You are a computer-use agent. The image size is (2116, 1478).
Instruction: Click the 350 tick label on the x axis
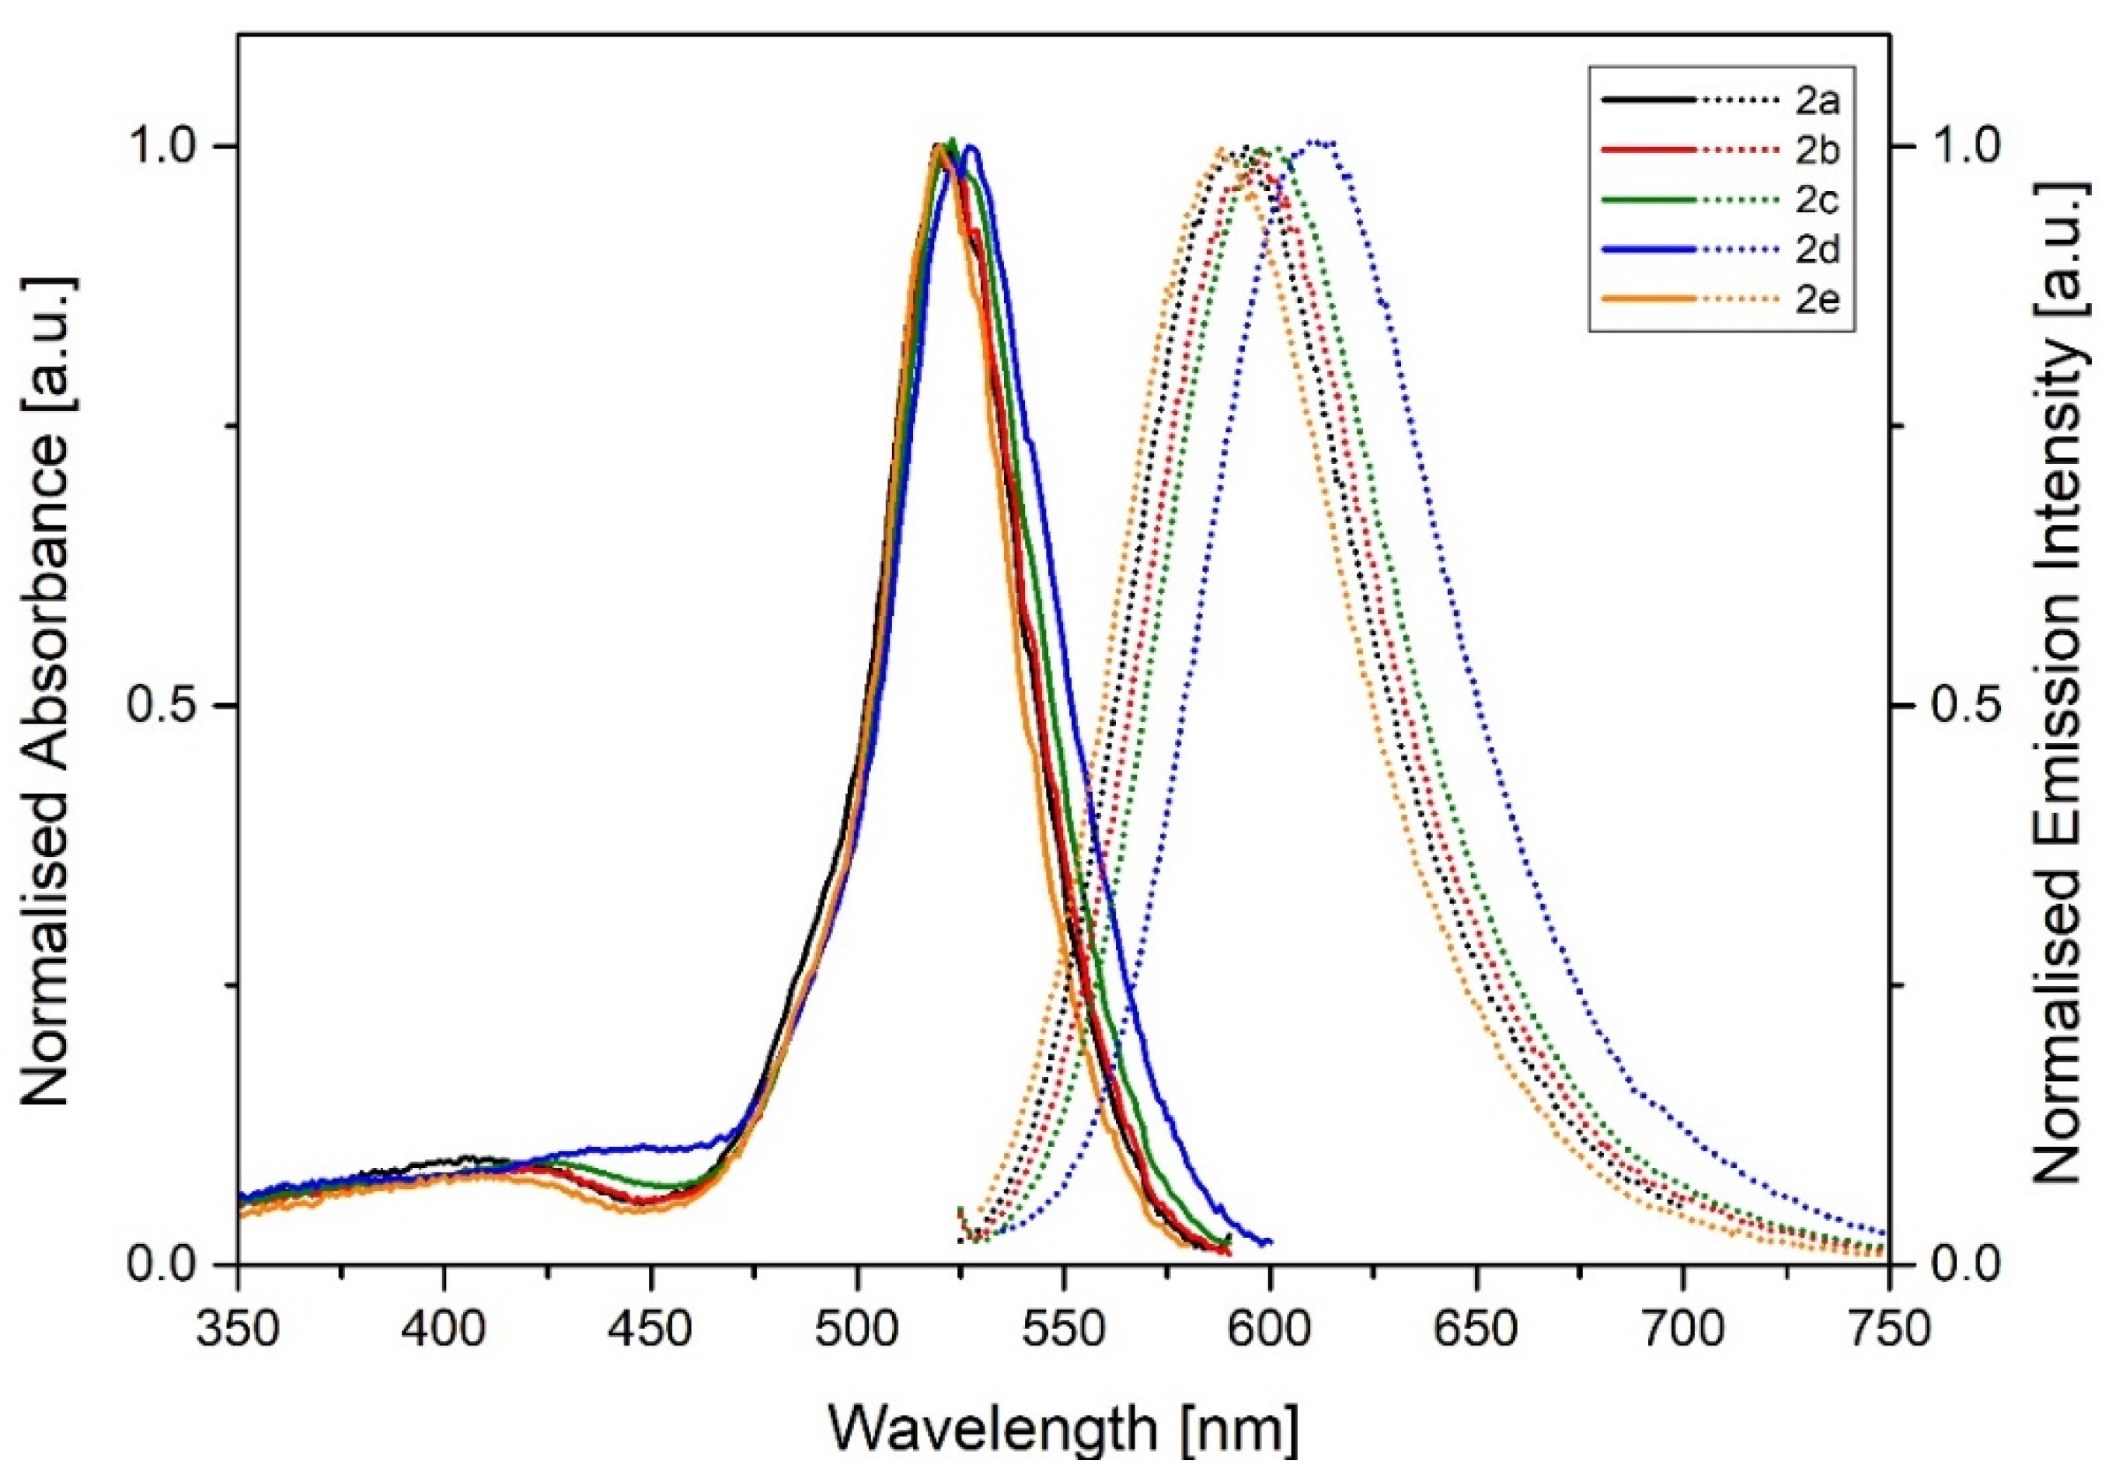click(x=238, y=1330)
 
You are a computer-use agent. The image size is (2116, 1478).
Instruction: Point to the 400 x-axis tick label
click(x=444, y=1330)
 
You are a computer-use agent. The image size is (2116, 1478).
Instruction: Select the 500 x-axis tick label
click(x=857, y=1330)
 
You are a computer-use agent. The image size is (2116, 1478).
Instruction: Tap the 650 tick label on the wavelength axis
click(x=1476, y=1330)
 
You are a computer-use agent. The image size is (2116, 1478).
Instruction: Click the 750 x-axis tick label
click(x=1889, y=1330)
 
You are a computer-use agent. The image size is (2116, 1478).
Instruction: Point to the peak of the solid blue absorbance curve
click(x=970, y=148)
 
